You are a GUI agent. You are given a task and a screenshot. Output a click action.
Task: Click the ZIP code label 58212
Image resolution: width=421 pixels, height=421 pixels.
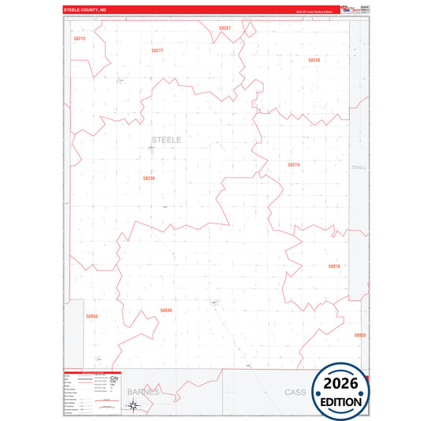pos(79,38)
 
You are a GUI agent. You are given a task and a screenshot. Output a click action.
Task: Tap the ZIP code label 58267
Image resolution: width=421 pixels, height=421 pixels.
pos(224,28)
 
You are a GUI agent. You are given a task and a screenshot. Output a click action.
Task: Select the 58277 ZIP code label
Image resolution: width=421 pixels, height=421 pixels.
pos(157,51)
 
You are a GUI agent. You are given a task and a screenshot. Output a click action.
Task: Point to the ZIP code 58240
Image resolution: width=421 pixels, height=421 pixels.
pos(314,60)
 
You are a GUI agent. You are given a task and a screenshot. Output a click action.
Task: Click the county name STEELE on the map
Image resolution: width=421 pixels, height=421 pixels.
pos(166,140)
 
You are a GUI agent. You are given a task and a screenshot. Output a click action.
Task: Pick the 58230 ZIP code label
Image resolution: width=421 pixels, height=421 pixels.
pos(148,179)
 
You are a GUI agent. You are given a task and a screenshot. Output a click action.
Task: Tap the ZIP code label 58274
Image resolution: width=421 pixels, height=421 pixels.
pos(293,165)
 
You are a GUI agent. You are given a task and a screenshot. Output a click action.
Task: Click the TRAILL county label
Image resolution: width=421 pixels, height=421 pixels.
pos(359,167)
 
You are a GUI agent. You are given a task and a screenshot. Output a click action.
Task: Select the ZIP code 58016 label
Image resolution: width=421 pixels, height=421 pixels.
pos(333,266)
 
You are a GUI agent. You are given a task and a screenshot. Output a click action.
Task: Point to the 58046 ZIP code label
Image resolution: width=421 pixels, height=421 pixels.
pos(165,310)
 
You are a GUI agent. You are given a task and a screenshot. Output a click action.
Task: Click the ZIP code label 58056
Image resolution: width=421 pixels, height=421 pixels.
pos(92,317)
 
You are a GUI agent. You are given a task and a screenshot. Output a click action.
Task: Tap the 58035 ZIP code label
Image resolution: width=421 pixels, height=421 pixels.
pos(359,335)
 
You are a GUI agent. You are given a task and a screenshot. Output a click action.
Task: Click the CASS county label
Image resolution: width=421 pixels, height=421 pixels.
pos(295,392)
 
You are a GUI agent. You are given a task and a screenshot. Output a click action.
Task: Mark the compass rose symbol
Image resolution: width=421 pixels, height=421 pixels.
pos(133,406)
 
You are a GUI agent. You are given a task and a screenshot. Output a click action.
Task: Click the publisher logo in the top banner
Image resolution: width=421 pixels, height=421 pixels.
pos(351,9)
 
